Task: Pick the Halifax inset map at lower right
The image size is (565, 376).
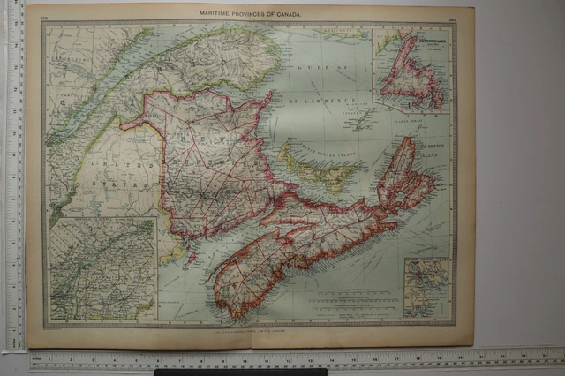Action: [426, 288]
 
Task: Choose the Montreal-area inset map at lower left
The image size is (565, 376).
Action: [102, 269]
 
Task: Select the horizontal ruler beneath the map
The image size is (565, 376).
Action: [291, 359]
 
